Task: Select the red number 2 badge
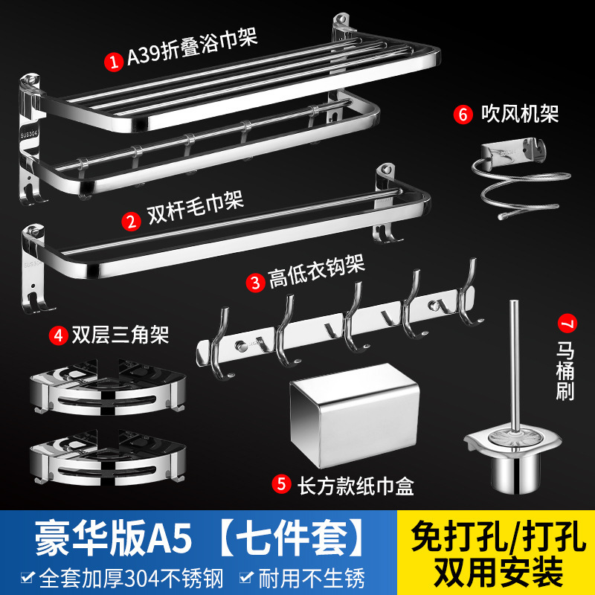tap(132, 221)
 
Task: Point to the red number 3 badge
tap(256, 282)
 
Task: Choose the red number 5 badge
tap(281, 484)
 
